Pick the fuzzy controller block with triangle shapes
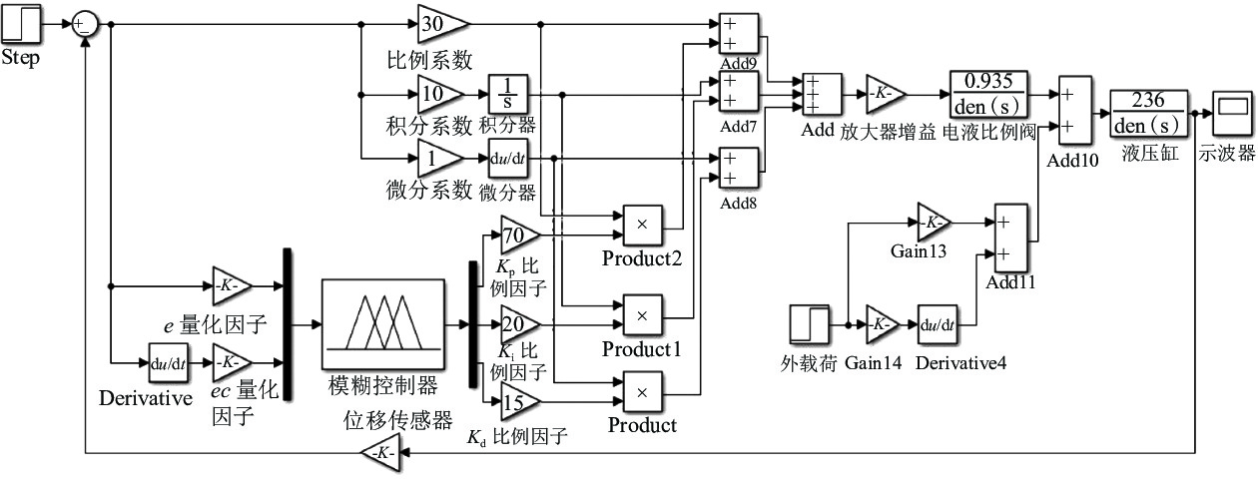click(382, 324)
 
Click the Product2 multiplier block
click(642, 226)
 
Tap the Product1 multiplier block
click(642, 315)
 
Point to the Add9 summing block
click(739, 34)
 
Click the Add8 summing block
click(739, 168)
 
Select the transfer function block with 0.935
click(988, 94)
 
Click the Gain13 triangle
click(934, 223)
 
